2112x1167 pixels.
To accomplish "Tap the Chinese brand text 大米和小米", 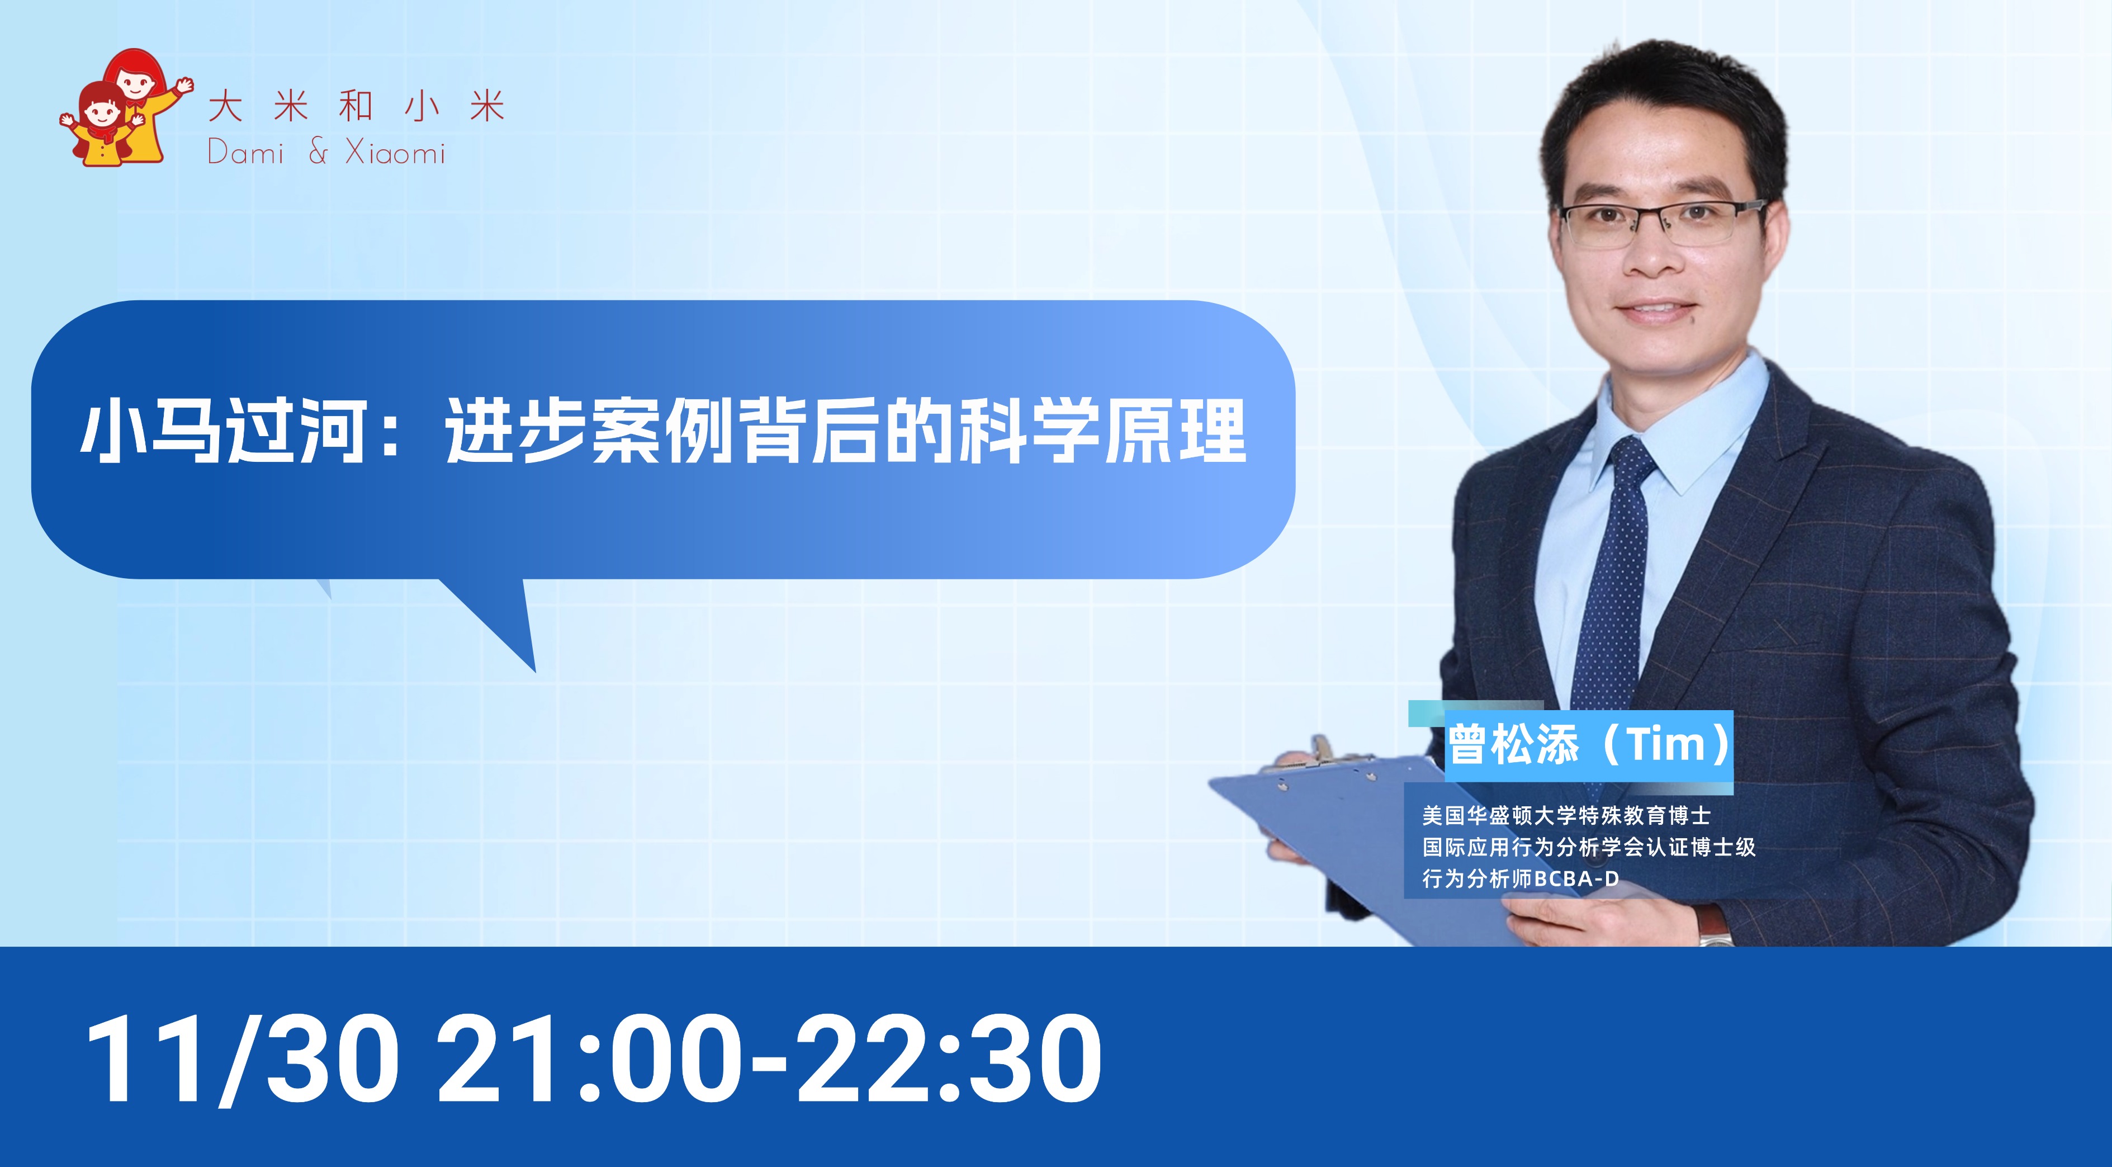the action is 356,107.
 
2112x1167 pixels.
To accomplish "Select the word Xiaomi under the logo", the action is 395,153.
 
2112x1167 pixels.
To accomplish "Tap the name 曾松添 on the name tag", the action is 1513,744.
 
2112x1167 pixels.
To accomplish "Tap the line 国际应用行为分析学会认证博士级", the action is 1589,847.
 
